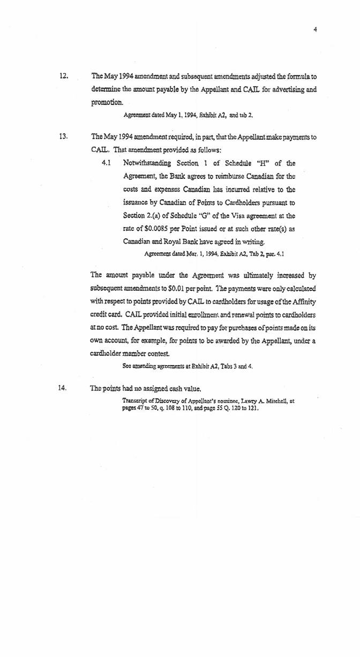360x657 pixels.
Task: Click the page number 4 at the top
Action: coord(316,30)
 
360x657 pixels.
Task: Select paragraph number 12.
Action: coord(62,76)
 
